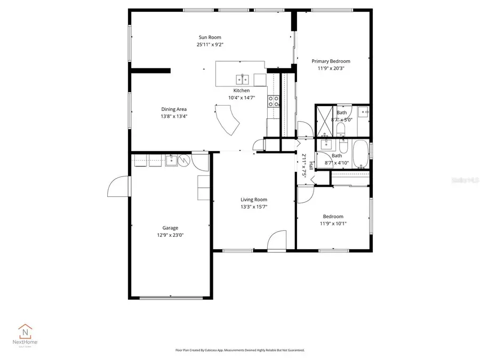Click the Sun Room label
coord(210,37)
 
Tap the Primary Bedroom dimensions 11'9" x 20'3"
coord(331,68)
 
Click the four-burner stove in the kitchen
coord(274,101)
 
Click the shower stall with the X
coord(325,115)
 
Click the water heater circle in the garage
coord(184,161)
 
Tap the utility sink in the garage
coord(171,160)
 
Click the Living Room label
coord(253,199)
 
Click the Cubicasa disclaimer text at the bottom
coord(239,350)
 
